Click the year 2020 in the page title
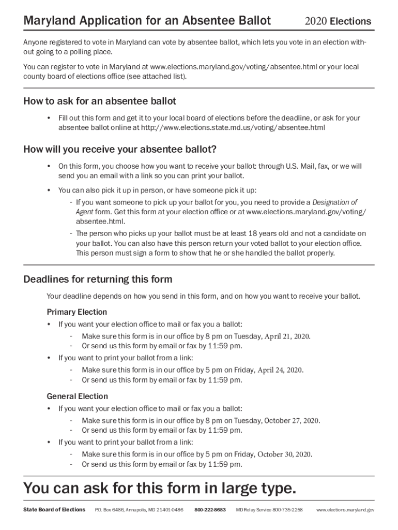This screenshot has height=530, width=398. pyautogui.click(x=316, y=21)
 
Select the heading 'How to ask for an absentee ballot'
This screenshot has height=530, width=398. pyautogui.click(x=100, y=101)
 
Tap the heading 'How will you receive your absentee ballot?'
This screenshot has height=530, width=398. pyautogui.click(x=120, y=150)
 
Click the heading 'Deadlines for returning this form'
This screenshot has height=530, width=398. pyautogui.click(x=98, y=279)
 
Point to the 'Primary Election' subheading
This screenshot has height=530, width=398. pyautogui.click(x=77, y=312)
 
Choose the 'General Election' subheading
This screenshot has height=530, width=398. pyautogui.click(x=78, y=396)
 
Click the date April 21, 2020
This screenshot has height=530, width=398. pyautogui.click(x=287, y=336)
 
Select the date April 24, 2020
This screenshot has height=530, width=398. pyautogui.click(x=280, y=370)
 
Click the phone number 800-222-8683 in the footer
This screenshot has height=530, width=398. pyautogui.click(x=210, y=510)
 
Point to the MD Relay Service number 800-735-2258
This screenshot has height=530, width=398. pyautogui.click(x=287, y=510)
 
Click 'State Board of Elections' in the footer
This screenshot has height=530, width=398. pyautogui.click(x=54, y=510)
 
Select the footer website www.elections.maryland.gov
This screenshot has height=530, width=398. pyautogui.click(x=345, y=510)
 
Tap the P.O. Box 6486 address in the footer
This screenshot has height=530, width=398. pyautogui.click(x=139, y=510)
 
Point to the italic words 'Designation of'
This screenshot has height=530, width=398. pyautogui.click(x=334, y=202)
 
